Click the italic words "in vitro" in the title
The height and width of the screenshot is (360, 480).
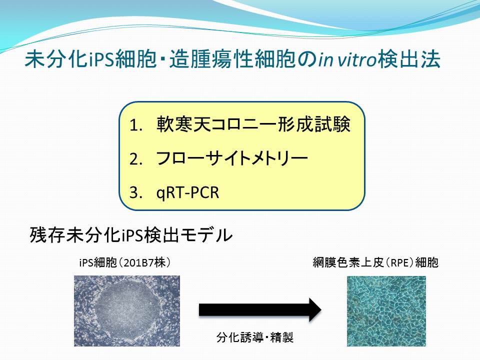click(347, 59)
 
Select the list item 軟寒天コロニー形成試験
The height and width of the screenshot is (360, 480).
click(253, 124)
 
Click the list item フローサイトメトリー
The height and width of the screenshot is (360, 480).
click(232, 158)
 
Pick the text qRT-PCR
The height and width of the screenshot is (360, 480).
click(187, 192)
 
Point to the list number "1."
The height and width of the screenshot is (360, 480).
click(136, 125)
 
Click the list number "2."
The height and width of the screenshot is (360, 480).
click(136, 159)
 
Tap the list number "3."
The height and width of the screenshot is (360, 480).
click(136, 192)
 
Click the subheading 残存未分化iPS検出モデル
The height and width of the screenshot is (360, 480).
click(131, 235)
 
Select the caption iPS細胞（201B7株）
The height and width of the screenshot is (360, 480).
click(124, 262)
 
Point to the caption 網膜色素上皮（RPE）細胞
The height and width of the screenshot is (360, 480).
click(375, 262)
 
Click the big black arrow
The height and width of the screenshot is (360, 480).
click(260, 310)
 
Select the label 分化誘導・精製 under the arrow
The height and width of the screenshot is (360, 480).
click(255, 337)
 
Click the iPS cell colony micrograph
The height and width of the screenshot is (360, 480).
click(127, 311)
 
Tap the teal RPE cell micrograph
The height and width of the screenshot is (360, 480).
click(386, 311)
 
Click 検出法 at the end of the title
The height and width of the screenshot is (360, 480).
click(409, 59)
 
